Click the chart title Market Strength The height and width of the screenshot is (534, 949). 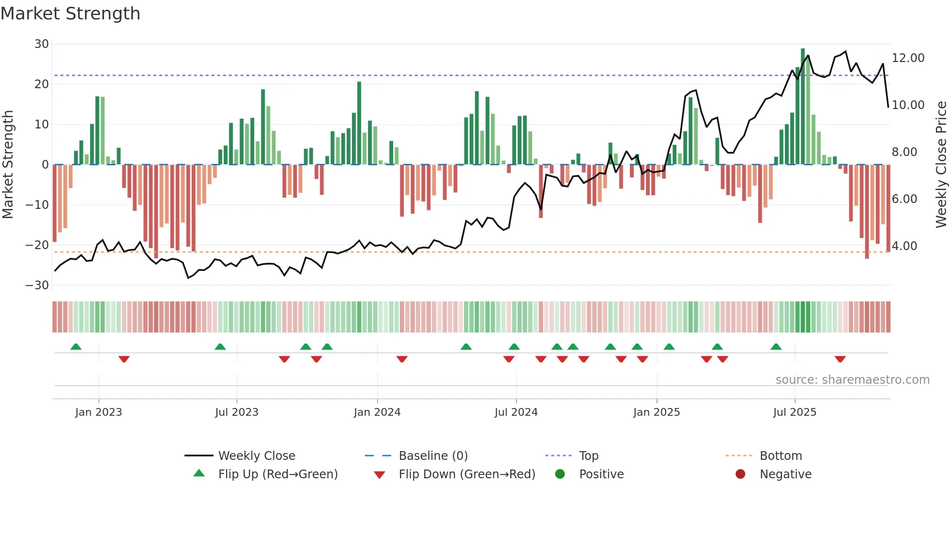70,14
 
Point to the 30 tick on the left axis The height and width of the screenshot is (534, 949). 42,44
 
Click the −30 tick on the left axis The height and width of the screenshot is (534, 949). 37,285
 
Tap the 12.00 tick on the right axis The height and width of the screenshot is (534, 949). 908,58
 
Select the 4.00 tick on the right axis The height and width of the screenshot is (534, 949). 904,246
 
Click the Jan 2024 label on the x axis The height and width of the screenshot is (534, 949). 377,412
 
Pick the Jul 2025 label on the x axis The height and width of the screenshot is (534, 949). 794,412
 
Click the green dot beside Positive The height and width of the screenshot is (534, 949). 560,474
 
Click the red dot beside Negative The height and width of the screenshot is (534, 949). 740,474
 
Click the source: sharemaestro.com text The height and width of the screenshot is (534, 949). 852,380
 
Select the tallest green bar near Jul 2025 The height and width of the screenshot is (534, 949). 803,107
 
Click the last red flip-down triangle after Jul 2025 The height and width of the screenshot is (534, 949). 840,359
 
